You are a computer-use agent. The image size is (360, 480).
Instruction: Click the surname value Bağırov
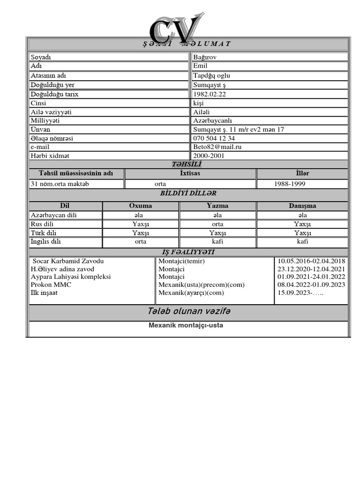coord(205,57)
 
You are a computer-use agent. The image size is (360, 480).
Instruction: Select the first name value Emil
coord(200,66)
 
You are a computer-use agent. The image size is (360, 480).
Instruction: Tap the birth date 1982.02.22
coord(210,94)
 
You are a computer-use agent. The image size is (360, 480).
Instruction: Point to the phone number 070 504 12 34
coord(214,138)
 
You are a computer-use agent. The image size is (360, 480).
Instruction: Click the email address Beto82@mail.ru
coord(217,147)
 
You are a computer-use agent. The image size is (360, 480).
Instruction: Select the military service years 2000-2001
coord(209,156)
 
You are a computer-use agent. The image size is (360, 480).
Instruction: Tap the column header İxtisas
coord(190,173)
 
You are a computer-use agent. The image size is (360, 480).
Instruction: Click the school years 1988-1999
coord(289,184)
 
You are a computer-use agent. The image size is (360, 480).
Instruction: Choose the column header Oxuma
coord(140,206)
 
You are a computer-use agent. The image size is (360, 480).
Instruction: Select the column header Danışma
coord(302,206)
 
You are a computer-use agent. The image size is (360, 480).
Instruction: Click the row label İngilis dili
coord(45,242)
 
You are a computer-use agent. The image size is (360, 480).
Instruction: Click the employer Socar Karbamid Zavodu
coord(68,261)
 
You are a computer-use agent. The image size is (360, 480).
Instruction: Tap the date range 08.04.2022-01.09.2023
coord(311,285)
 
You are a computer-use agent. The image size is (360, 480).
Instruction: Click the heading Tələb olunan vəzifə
coord(189,312)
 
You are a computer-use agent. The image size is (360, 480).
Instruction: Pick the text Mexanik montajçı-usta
coord(186,325)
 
